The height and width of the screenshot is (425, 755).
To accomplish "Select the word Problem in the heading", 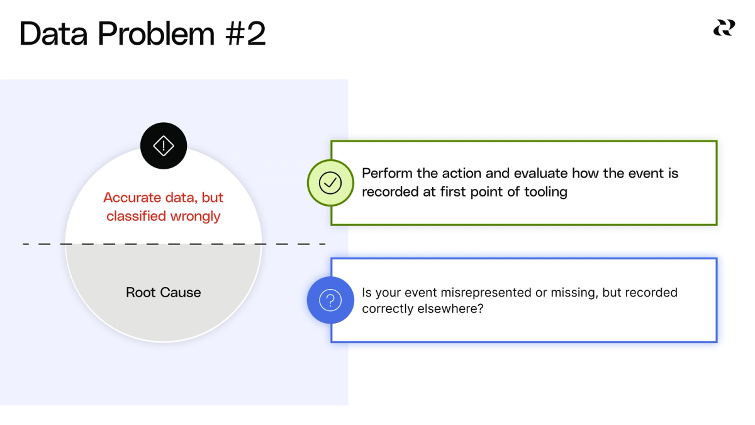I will coord(155,35).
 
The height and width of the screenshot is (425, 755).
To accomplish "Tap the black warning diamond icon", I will coord(164,146).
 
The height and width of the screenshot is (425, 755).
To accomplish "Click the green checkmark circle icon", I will coord(330,183).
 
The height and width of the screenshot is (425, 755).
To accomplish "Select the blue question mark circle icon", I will coord(330,300).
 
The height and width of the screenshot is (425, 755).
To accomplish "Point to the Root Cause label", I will coord(164,292).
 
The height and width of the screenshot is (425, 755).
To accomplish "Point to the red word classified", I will coord(132,217).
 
